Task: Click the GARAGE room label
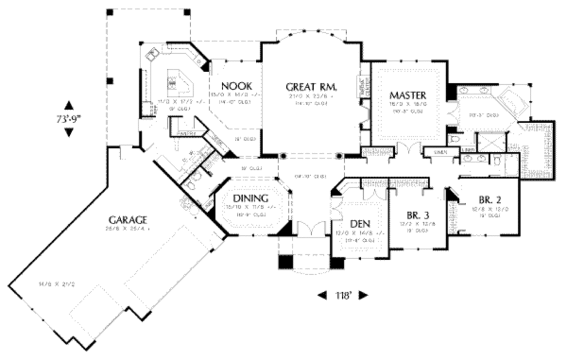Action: pyautogui.click(x=127, y=219)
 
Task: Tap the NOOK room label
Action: pyautogui.click(x=236, y=86)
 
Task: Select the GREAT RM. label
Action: pyautogui.click(x=312, y=86)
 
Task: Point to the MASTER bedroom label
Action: pyautogui.click(x=407, y=95)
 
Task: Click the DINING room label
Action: pyautogui.click(x=250, y=198)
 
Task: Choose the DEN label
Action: pyautogui.click(x=360, y=224)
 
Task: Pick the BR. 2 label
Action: pyautogui.click(x=487, y=200)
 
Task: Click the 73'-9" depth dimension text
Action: pyautogui.click(x=69, y=118)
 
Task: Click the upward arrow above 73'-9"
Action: pyautogui.click(x=69, y=105)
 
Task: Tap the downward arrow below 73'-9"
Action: pyautogui.click(x=69, y=132)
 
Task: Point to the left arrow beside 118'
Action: pyautogui.click(x=322, y=296)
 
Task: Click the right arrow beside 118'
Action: pyautogui.click(x=363, y=296)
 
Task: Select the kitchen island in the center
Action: pyautogui.click(x=178, y=83)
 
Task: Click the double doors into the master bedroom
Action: pyautogui.click(x=407, y=149)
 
